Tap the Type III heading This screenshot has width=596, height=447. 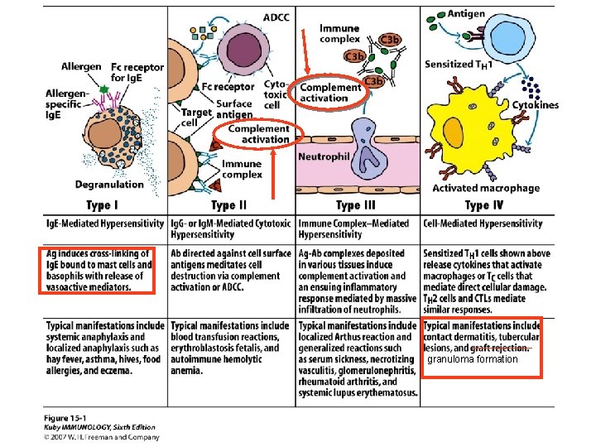[x=359, y=205]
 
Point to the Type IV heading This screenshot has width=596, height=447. [x=488, y=205]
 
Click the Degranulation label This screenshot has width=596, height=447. [x=109, y=184]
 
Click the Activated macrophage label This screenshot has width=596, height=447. [x=486, y=189]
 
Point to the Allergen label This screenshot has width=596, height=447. [x=81, y=66]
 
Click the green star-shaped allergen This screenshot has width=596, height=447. [x=104, y=88]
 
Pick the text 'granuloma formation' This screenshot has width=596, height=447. [x=472, y=359]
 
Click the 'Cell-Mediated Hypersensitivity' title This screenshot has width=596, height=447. [x=483, y=223]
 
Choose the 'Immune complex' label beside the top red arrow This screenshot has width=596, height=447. [x=339, y=33]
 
